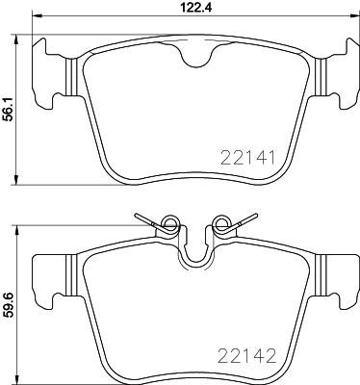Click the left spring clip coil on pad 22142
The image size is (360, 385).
pos(171,227)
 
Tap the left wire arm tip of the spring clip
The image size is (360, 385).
pos(137,216)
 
